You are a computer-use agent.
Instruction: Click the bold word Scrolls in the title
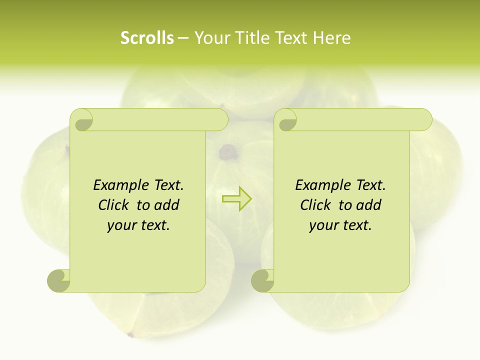click(x=147, y=38)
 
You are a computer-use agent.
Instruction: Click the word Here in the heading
click(x=331, y=38)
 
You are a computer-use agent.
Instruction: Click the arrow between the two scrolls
click(x=237, y=198)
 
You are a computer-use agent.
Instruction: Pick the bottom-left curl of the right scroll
click(x=262, y=280)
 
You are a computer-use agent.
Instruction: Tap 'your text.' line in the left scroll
click(x=138, y=225)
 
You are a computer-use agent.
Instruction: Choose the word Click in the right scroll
click(x=316, y=205)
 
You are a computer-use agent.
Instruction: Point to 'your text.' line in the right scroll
click(x=340, y=225)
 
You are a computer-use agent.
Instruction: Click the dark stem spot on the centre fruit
click(x=228, y=150)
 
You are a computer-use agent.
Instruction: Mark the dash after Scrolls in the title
click(x=183, y=38)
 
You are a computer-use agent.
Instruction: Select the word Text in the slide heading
click(x=290, y=38)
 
